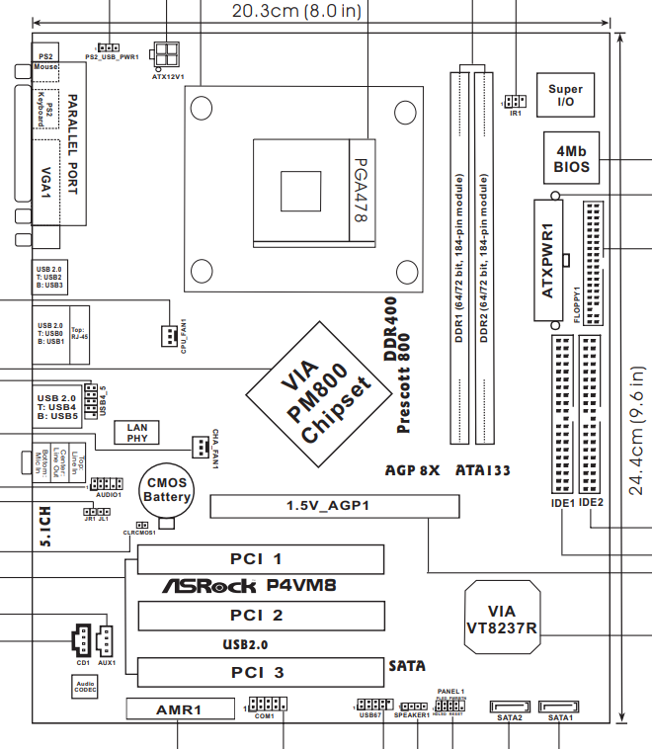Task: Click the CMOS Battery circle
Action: point(167,491)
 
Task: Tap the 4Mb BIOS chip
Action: point(572,159)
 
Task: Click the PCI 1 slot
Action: point(261,559)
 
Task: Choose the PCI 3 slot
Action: point(261,673)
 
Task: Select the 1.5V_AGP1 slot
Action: point(336,507)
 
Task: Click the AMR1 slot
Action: point(179,709)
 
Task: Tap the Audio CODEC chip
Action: point(85,686)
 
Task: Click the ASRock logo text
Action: point(211,586)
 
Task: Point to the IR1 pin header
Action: point(514,101)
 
